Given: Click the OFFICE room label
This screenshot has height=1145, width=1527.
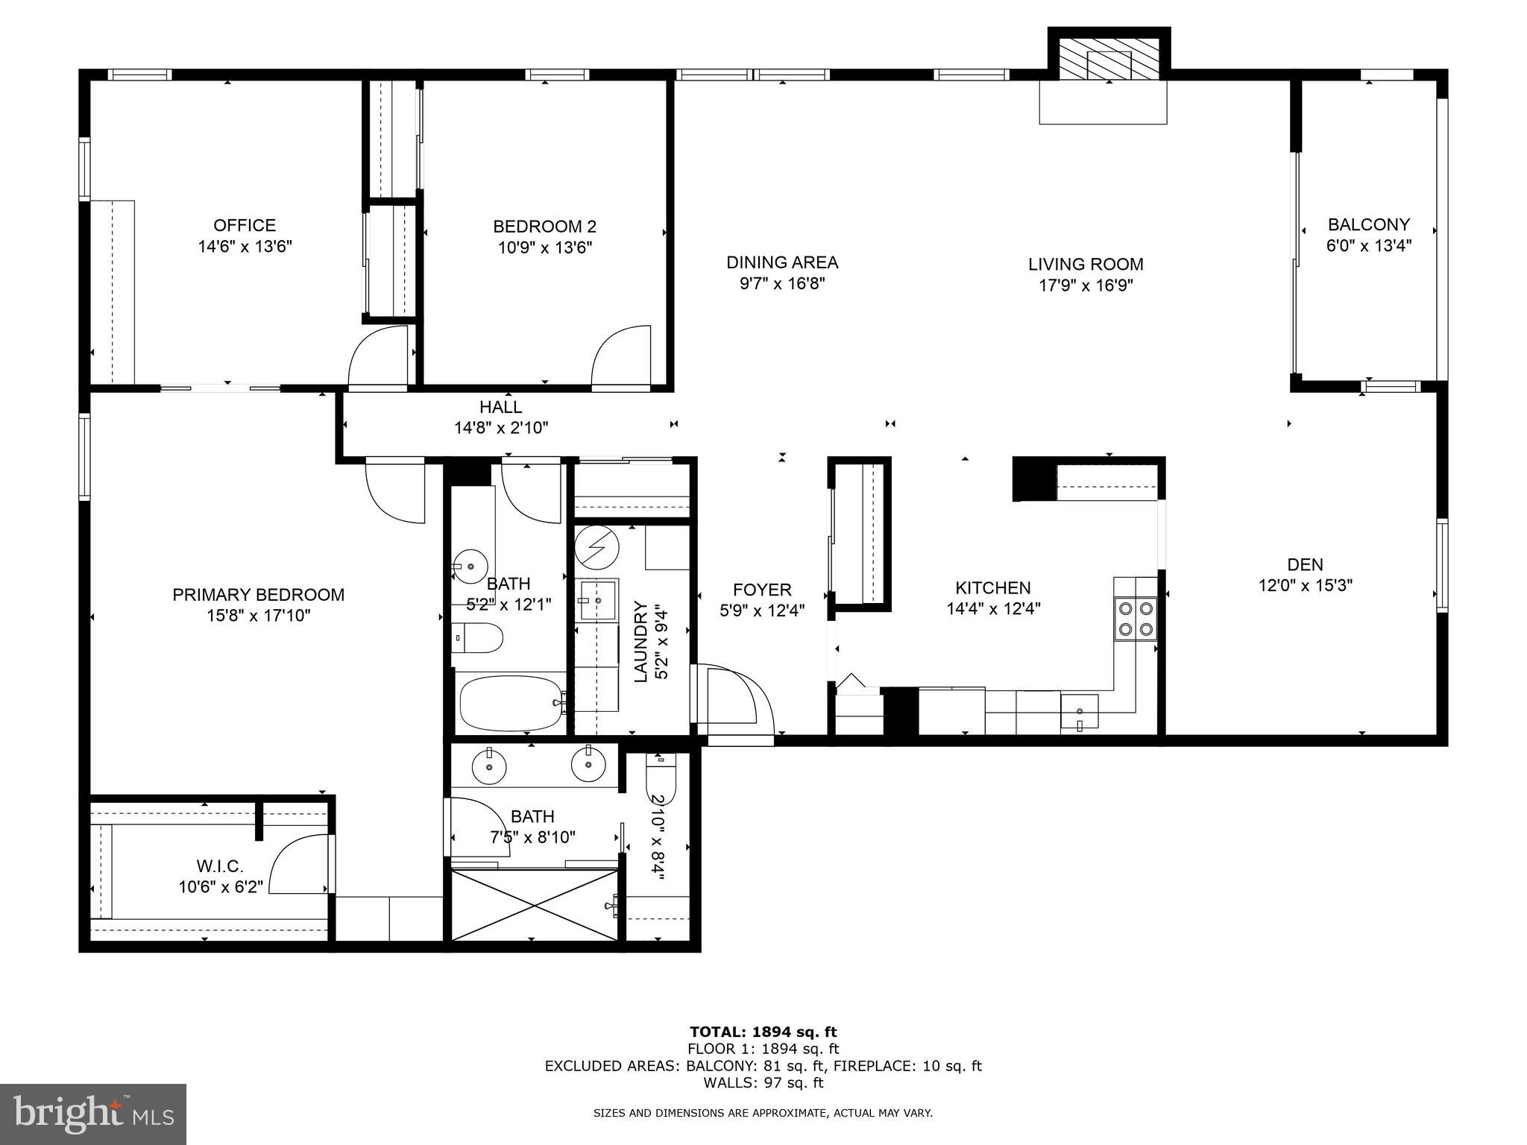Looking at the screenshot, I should pyautogui.click(x=245, y=225).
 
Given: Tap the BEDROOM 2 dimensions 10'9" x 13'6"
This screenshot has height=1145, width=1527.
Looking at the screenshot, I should pyautogui.click(x=544, y=247).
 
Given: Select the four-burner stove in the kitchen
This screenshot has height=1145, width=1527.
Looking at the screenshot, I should pyautogui.click(x=1135, y=619).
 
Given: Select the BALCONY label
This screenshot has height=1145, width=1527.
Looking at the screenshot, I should pyautogui.click(x=1368, y=224).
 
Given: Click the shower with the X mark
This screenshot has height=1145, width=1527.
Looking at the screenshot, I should pyautogui.click(x=535, y=905).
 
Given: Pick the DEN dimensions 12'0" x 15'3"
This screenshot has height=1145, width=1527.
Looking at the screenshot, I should pyautogui.click(x=1305, y=586).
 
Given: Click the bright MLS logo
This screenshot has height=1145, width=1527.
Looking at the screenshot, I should pyautogui.click(x=93, y=1114).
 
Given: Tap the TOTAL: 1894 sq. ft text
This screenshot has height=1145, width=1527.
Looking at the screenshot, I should pyautogui.click(x=763, y=1032).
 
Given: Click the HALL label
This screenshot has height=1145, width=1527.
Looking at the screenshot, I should pyautogui.click(x=500, y=407).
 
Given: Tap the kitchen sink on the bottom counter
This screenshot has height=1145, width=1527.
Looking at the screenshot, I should pyautogui.click(x=1079, y=710).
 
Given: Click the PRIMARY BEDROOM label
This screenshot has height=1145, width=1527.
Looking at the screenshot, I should pyautogui.click(x=258, y=595).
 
